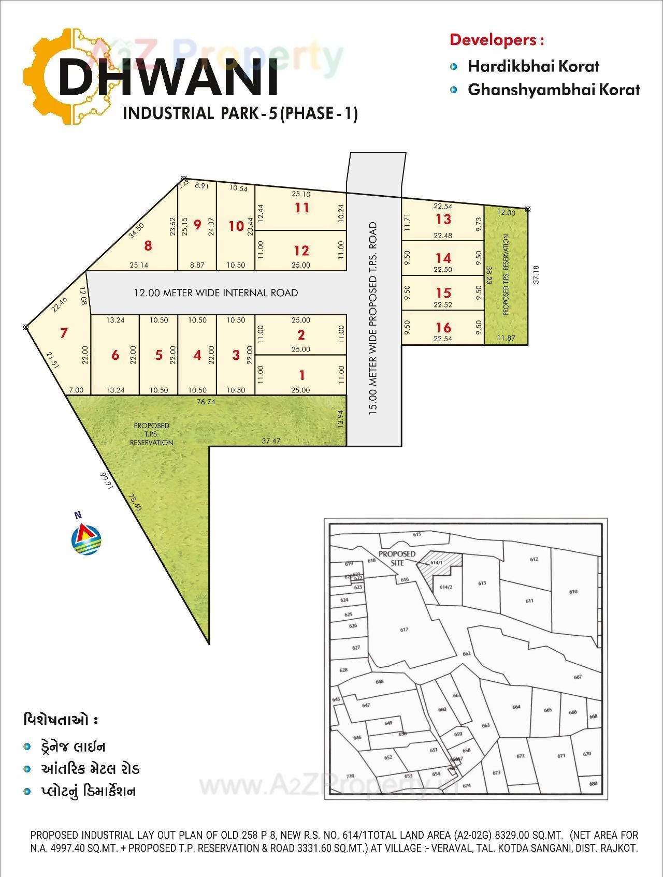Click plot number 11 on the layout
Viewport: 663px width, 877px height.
point(301,208)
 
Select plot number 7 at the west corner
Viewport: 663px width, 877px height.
point(64,332)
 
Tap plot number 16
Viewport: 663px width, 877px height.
point(443,327)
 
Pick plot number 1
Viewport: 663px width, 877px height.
point(301,375)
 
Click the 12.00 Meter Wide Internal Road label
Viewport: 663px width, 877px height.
point(216,293)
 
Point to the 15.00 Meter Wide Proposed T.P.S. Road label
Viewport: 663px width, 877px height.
point(373,316)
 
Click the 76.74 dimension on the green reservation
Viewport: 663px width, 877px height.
point(206,402)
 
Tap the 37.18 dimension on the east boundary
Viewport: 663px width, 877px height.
point(536,274)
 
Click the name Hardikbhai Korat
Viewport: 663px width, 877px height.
point(534,66)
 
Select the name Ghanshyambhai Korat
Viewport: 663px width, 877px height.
point(554,90)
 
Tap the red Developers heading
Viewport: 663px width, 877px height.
point(497,40)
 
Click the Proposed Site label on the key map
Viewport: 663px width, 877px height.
point(397,558)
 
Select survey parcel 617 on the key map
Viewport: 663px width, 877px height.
point(404,630)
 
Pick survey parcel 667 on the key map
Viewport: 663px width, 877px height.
point(578,677)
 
